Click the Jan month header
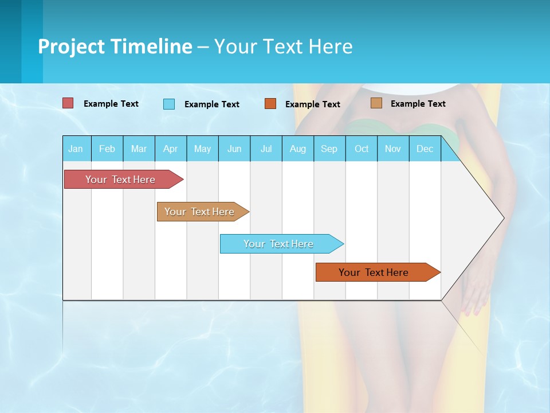pyautogui.click(x=76, y=149)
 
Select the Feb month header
pyautogui.click(x=107, y=149)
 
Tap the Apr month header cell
pyautogui.click(x=171, y=149)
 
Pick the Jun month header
pyautogui.click(x=234, y=149)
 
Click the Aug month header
pyautogui.click(x=298, y=149)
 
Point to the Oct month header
pyautogui.click(x=362, y=149)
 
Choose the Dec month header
pyautogui.click(x=425, y=149)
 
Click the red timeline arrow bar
pyautogui.click(x=121, y=180)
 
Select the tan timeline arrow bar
pyautogui.click(x=200, y=212)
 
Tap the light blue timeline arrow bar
pyautogui.click(x=279, y=244)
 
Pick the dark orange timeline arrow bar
pyautogui.click(x=374, y=272)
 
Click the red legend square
pyautogui.click(x=68, y=103)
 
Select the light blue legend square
pyautogui.click(x=169, y=104)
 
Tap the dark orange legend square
pyautogui.click(x=270, y=104)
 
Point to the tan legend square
pyautogui.click(x=376, y=103)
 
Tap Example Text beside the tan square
pyautogui.click(x=418, y=103)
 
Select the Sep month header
pyautogui.click(x=329, y=149)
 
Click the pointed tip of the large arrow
pyautogui.click(x=502, y=217)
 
